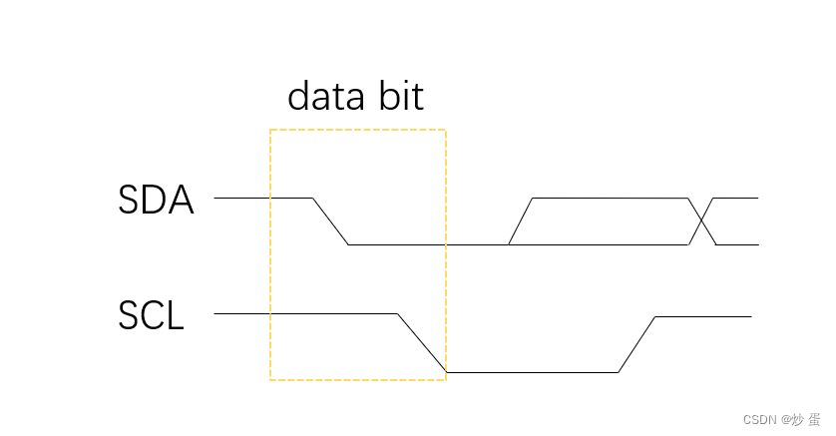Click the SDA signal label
tap(155, 201)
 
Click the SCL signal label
tap(152, 316)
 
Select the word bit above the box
tap(401, 97)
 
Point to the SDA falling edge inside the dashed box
tap(330, 220)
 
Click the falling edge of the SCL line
tap(421, 342)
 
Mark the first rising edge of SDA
tap(521, 220)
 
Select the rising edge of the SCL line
tap(636, 344)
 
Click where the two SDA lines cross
tap(701, 220)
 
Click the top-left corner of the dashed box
tap(270, 130)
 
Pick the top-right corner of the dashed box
tap(445, 130)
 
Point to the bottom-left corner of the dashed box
tap(270, 379)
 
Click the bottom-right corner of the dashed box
tap(445, 379)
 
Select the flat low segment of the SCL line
tap(532, 372)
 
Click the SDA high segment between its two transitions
tap(611, 198)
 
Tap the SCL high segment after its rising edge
tap(703, 316)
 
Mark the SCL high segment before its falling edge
tap(305, 313)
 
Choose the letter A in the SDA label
tap(179, 201)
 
